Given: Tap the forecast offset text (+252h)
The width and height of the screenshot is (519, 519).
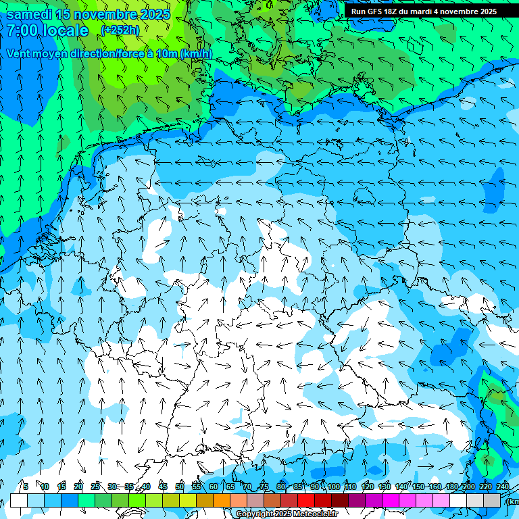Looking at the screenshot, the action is point(120,30).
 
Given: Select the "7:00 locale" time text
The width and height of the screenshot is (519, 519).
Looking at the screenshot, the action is point(47,30).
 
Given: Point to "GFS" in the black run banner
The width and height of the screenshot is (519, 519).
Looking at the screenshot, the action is point(377,11).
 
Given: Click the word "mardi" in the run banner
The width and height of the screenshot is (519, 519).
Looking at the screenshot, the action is point(426,11).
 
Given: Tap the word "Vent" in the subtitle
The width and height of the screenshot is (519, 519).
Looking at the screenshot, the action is point(19,53).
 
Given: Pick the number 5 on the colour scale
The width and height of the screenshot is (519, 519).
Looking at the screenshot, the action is point(26,487).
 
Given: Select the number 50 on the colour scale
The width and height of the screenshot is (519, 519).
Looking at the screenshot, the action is point(180,487).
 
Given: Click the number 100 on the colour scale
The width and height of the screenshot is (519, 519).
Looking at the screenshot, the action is point(334,487).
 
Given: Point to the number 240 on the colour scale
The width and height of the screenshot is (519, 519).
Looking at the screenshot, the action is point(503,487).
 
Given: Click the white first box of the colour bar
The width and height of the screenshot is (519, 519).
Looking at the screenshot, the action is point(19,500).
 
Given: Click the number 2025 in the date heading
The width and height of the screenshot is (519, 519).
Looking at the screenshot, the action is point(151,14).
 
